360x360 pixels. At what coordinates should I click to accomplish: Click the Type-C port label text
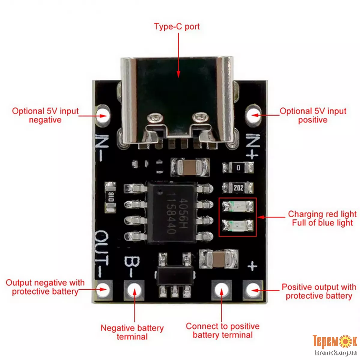pyautogui.click(x=177, y=26)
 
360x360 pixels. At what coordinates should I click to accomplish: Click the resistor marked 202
pyautogui.click(x=238, y=188)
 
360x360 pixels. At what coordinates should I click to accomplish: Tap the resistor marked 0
pyautogui.click(x=238, y=168)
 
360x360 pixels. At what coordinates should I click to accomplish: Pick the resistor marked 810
pyautogui.click(x=110, y=197)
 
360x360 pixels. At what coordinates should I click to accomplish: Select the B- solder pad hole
pyautogui.click(x=134, y=290)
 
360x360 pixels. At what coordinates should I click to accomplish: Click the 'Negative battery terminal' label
pyautogui.click(x=132, y=332)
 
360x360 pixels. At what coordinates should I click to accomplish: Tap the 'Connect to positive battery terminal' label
pyautogui.click(x=222, y=331)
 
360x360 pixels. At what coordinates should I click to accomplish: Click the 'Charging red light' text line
pyautogui.click(x=322, y=214)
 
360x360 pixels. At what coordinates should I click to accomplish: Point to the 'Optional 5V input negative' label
pyautogui.click(x=45, y=115)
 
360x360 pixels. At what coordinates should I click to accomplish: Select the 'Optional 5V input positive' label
pyautogui.click(x=313, y=115)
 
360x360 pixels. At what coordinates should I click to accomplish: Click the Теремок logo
pyautogui.click(x=334, y=341)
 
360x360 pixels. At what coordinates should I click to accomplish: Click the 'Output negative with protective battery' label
pyautogui.click(x=45, y=287)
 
